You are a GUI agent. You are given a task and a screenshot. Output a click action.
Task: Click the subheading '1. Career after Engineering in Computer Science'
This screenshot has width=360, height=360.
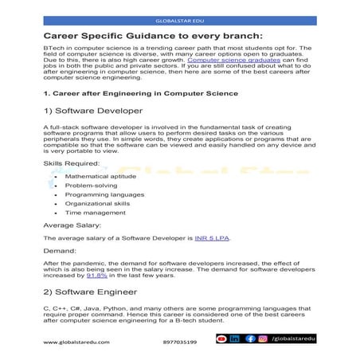(139, 92)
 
